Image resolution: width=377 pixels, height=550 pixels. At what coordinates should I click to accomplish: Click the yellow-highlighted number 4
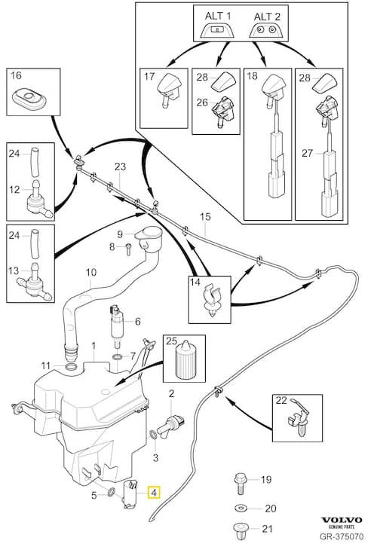pyautogui.click(x=154, y=493)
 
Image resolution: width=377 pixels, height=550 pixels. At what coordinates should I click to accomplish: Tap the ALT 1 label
pyautogui.click(x=218, y=16)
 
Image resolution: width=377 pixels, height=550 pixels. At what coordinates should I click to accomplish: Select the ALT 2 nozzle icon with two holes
pyautogui.click(x=266, y=31)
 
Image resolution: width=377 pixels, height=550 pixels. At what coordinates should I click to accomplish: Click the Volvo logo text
pyautogui.click(x=342, y=520)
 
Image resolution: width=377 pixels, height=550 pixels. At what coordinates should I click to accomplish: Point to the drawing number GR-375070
pyautogui.click(x=342, y=536)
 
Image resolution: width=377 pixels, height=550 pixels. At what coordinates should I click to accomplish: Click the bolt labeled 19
pyautogui.click(x=240, y=483)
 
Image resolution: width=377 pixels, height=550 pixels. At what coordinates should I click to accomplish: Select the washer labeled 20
pyautogui.click(x=241, y=508)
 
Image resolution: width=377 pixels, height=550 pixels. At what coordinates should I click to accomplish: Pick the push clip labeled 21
pyautogui.click(x=241, y=529)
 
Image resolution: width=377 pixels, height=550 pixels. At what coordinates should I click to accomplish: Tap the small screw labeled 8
pyautogui.click(x=128, y=249)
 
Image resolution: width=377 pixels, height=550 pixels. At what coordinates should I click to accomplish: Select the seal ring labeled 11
pyautogui.click(x=72, y=367)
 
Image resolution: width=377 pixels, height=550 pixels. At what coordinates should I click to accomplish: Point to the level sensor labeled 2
pyautogui.click(x=170, y=423)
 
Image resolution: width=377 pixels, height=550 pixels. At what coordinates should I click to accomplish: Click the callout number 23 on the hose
pyautogui.click(x=120, y=167)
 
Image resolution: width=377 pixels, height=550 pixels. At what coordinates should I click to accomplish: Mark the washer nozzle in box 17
pyautogui.click(x=167, y=90)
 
